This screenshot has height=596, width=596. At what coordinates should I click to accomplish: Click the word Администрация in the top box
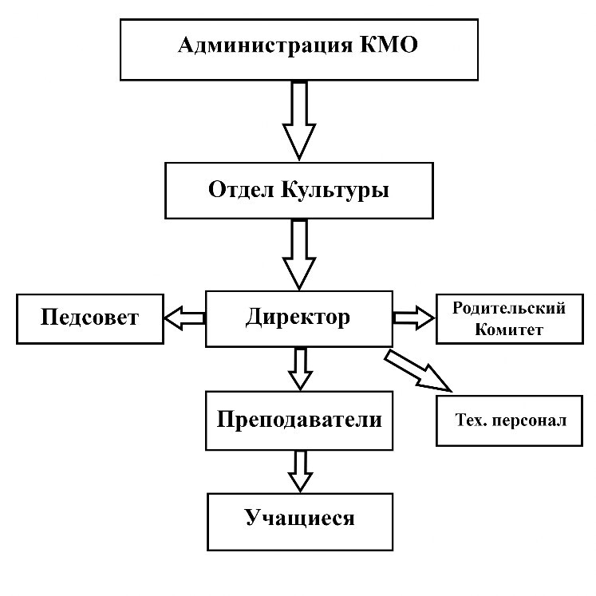point(266,46)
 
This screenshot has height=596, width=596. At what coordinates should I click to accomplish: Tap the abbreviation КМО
point(389,45)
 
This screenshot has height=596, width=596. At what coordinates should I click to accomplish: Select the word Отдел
point(241,189)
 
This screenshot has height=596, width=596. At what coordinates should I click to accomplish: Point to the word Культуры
point(335,191)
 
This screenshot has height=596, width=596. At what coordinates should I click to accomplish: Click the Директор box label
point(298,318)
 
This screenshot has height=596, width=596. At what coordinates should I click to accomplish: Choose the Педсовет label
point(89,318)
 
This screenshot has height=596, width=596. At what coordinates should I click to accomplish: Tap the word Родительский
point(509,309)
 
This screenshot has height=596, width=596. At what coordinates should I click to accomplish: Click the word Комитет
point(509,330)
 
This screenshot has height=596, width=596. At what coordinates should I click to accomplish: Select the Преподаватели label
point(299,420)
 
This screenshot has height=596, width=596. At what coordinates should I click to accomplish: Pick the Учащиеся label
point(300,519)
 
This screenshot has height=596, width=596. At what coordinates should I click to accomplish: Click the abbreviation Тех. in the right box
point(469,420)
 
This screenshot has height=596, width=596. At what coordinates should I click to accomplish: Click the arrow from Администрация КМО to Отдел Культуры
point(299,120)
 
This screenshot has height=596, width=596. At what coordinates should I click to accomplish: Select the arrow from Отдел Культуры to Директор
point(299,255)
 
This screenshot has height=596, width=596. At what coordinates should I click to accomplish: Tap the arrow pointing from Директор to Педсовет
point(185,318)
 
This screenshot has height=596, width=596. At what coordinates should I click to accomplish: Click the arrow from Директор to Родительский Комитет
point(413,318)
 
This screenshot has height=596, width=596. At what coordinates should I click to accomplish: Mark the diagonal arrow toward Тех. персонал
point(418,372)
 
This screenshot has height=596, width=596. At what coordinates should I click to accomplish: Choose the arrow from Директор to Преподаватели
point(300,369)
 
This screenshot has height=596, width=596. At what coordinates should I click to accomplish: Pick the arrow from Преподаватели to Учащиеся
point(300,472)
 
